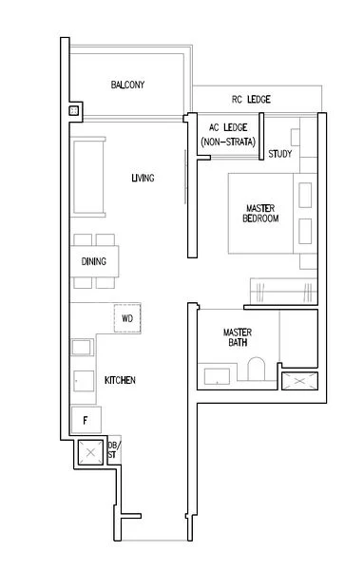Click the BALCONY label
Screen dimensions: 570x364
click(127, 85)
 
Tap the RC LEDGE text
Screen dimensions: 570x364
click(252, 100)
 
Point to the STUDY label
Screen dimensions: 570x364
click(280, 154)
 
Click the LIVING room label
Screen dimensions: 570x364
click(144, 178)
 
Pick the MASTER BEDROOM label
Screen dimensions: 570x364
click(261, 214)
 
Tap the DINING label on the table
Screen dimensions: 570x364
click(94, 262)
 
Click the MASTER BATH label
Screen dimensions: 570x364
click(237, 338)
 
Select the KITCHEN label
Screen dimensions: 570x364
click(120, 380)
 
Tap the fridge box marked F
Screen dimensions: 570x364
click(85, 419)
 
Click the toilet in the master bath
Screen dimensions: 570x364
click(255, 370)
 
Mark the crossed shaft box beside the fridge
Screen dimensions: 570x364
click(91, 453)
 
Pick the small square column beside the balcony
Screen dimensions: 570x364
click(74, 111)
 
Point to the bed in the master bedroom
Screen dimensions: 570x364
click(261, 214)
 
